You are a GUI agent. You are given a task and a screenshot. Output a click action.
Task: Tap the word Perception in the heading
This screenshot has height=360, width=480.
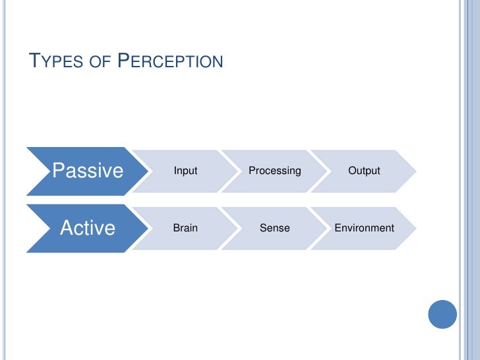[171, 63]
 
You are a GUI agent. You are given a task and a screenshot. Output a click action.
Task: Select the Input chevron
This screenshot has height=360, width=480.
[185, 171]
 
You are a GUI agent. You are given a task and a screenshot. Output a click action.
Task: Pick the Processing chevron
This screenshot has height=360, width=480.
[274, 171]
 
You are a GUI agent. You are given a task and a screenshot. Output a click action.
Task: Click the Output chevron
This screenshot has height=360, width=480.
[364, 171]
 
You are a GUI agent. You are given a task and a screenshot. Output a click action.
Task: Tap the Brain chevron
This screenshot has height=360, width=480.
[185, 228]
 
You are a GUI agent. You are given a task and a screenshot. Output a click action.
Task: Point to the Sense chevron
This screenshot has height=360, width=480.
[274, 228]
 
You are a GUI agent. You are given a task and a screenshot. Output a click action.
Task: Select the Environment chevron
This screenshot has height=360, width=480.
[364, 228]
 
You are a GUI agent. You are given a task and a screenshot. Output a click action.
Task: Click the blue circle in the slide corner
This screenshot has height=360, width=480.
[442, 314]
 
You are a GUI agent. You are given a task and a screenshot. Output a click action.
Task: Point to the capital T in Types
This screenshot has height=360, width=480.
[36, 62]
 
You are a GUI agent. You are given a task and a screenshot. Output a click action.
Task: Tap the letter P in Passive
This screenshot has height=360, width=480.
[58, 171]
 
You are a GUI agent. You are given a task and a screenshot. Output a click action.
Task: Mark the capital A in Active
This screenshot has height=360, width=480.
[67, 228]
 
